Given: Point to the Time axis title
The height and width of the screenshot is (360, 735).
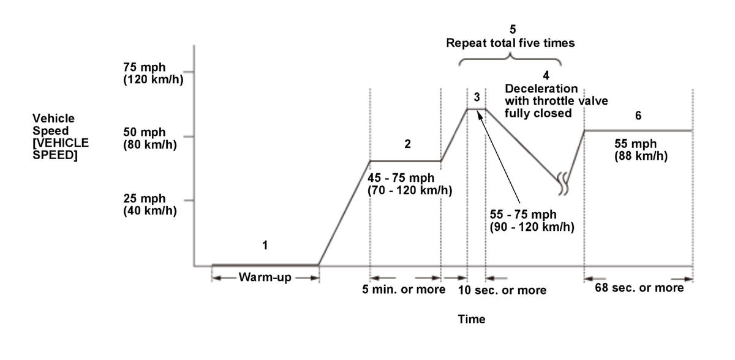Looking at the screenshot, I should click(x=472, y=319).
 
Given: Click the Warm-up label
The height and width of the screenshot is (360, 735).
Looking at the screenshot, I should click(x=265, y=277).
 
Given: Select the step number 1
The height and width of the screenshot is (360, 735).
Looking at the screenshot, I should click(x=265, y=246).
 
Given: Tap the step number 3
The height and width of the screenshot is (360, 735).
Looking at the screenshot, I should click(x=477, y=97).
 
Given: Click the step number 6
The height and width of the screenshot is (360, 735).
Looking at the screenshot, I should click(x=638, y=116).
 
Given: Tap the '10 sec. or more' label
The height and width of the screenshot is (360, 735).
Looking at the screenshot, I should click(x=502, y=290).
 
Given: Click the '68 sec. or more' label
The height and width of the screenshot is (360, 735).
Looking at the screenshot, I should click(x=639, y=288).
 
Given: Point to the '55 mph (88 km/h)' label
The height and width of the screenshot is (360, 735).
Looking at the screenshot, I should click(x=641, y=150).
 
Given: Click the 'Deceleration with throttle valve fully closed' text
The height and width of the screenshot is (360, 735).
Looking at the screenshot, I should click(x=556, y=101).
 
